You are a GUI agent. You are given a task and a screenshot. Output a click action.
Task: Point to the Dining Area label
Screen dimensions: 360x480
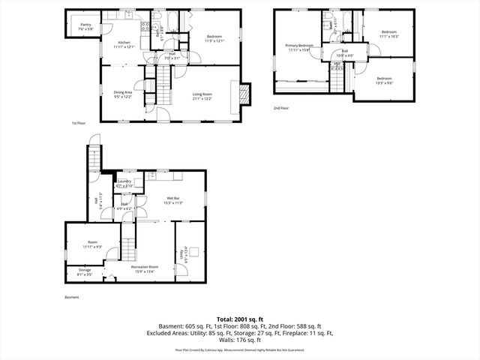point(123,94)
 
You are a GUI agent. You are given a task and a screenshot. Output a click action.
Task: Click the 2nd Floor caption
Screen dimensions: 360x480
point(282,108)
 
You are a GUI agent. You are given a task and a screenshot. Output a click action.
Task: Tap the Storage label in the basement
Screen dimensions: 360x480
point(85,272)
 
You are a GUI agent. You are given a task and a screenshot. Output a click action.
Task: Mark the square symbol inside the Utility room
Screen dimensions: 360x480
point(193,253)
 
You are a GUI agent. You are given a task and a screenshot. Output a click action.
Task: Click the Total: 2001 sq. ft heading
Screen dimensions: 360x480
point(239,319)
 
